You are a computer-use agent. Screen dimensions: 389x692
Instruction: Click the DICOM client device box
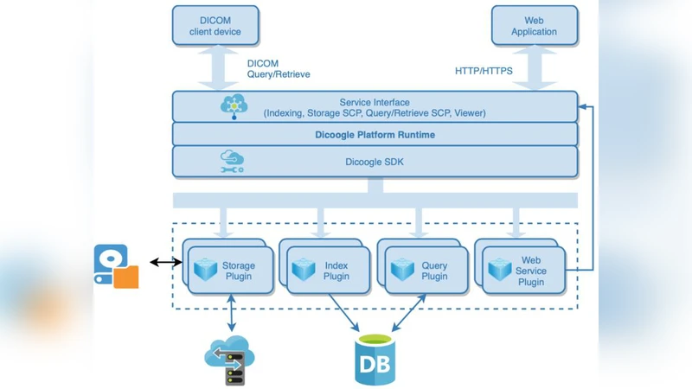coord(215,26)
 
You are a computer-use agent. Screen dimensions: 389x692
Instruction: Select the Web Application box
coord(534,26)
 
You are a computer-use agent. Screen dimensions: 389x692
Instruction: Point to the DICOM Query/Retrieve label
coord(278,69)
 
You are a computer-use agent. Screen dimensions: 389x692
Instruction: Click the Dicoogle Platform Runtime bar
coord(375,135)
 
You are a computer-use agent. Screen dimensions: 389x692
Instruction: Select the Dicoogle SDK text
coord(375,162)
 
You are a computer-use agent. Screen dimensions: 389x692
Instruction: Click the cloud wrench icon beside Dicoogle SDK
coord(233,162)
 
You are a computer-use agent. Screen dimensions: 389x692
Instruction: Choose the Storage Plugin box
coord(231,271)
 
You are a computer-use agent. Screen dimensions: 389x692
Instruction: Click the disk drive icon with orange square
coord(116,266)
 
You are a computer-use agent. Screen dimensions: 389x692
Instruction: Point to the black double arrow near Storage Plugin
coord(165,262)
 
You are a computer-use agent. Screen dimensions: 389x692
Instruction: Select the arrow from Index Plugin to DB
coord(343,313)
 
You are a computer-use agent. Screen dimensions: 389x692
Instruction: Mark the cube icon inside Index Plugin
coord(304,270)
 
